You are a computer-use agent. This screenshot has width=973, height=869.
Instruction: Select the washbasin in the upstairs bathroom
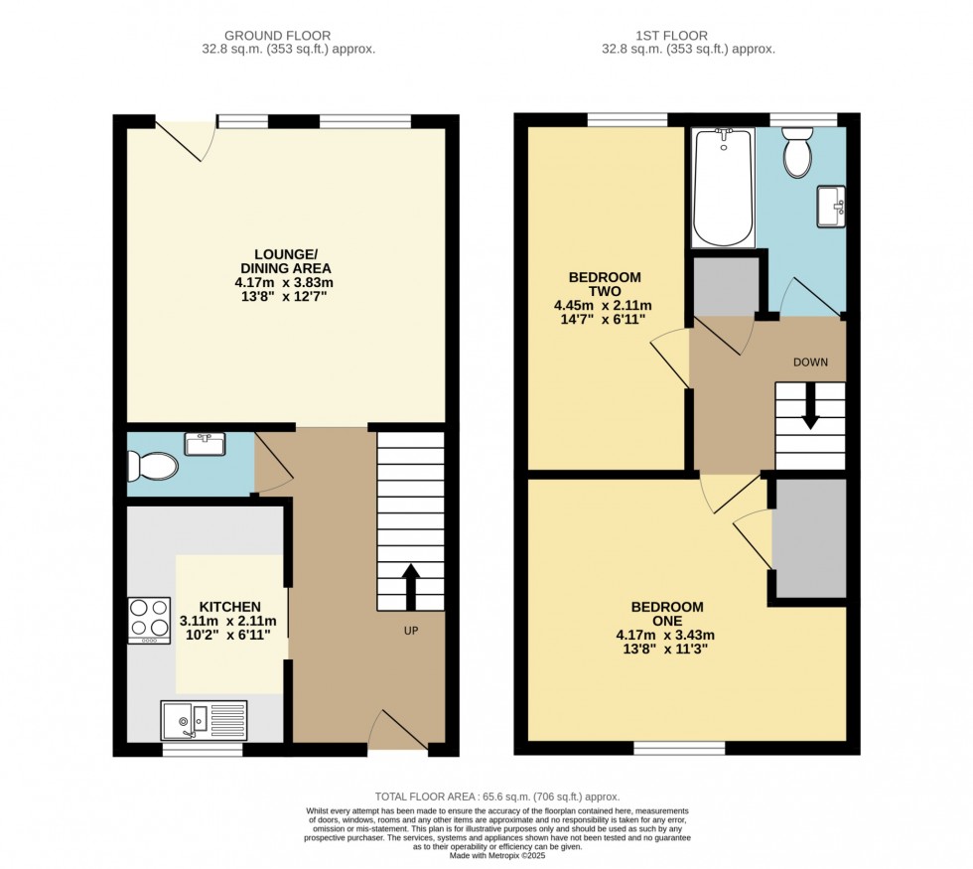pyautogui.click(x=831, y=206)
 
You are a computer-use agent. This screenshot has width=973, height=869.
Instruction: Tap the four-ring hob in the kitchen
pyautogui.click(x=148, y=620)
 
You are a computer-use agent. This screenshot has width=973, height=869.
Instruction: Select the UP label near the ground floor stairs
pyautogui.click(x=410, y=631)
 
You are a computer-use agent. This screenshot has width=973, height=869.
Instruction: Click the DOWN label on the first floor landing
pyautogui.click(x=810, y=362)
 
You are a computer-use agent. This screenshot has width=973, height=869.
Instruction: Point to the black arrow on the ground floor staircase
pyautogui.click(x=410, y=586)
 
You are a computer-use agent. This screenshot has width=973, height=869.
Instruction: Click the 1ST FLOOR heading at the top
pyautogui.click(x=689, y=36)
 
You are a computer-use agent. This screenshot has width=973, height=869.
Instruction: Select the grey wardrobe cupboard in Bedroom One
pyautogui.click(x=809, y=539)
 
